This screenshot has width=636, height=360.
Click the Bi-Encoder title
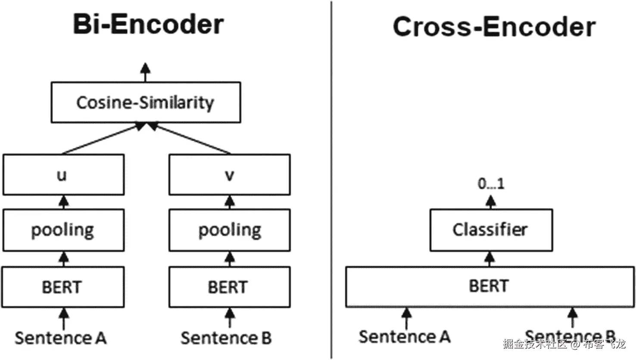[x=148, y=24]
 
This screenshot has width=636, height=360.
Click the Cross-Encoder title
[x=494, y=27]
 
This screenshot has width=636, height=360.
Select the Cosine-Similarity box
[x=146, y=102]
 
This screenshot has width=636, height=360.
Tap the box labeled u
[x=63, y=175]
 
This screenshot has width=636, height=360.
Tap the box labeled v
[x=229, y=175]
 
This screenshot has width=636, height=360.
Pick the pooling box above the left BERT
[x=63, y=230]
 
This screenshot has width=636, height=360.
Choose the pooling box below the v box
[x=229, y=230]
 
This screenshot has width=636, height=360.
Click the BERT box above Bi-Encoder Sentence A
[x=63, y=287]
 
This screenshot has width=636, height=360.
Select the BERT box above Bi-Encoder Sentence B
[x=229, y=287]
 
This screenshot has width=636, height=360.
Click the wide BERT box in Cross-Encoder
[x=489, y=286]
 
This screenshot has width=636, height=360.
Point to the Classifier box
[x=491, y=230]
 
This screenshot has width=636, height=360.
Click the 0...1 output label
[x=491, y=184]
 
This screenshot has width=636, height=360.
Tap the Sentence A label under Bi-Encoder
[x=61, y=338]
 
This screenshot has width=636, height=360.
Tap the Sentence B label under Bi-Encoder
[x=226, y=338]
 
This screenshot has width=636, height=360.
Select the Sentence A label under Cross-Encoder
[x=405, y=336]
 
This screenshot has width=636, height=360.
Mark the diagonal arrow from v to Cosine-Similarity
[x=190, y=139]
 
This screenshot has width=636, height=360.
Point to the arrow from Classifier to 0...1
[x=491, y=202]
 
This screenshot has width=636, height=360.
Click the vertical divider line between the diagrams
[x=331, y=181]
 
